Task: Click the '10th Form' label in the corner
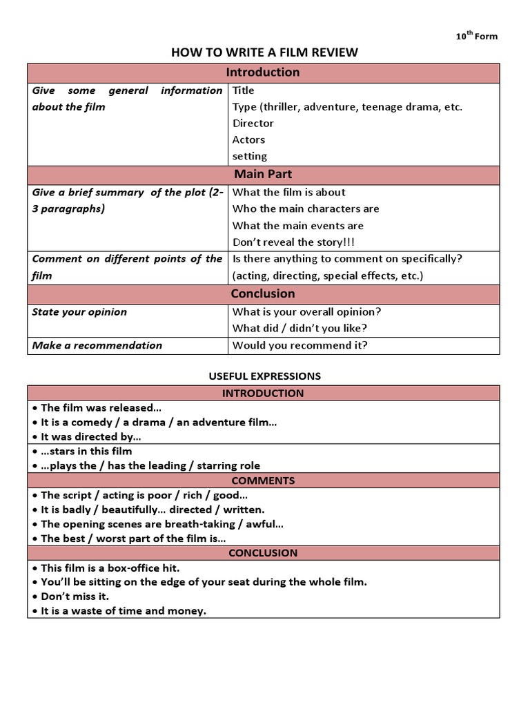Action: pyautogui.click(x=476, y=36)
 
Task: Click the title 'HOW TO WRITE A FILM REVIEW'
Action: pyautogui.click(x=264, y=53)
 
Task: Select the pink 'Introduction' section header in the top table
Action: pyautogui.click(x=264, y=72)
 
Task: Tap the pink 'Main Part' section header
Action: pyautogui.click(x=264, y=175)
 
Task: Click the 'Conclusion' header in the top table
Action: pyautogui.click(x=264, y=293)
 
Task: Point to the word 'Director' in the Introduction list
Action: pyautogui.click(x=253, y=123)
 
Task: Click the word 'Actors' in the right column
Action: pyautogui.click(x=248, y=139)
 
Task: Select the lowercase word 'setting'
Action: pyautogui.click(x=250, y=156)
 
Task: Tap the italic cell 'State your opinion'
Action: pyautogui.click(x=79, y=311)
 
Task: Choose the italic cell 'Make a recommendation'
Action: pyautogui.click(x=97, y=345)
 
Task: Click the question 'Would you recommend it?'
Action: pyautogui.click(x=300, y=345)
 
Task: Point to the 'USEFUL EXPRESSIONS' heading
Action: pyautogui.click(x=264, y=376)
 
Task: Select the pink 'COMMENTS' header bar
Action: pyautogui.click(x=263, y=481)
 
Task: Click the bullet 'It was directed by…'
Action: pyautogui.click(x=90, y=436)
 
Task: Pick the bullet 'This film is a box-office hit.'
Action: pyautogui.click(x=110, y=568)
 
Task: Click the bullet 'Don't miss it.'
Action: pyautogui.click(x=75, y=597)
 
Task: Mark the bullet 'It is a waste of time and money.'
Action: pyautogui.click(x=123, y=611)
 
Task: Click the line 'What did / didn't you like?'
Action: pyautogui.click(x=300, y=328)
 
